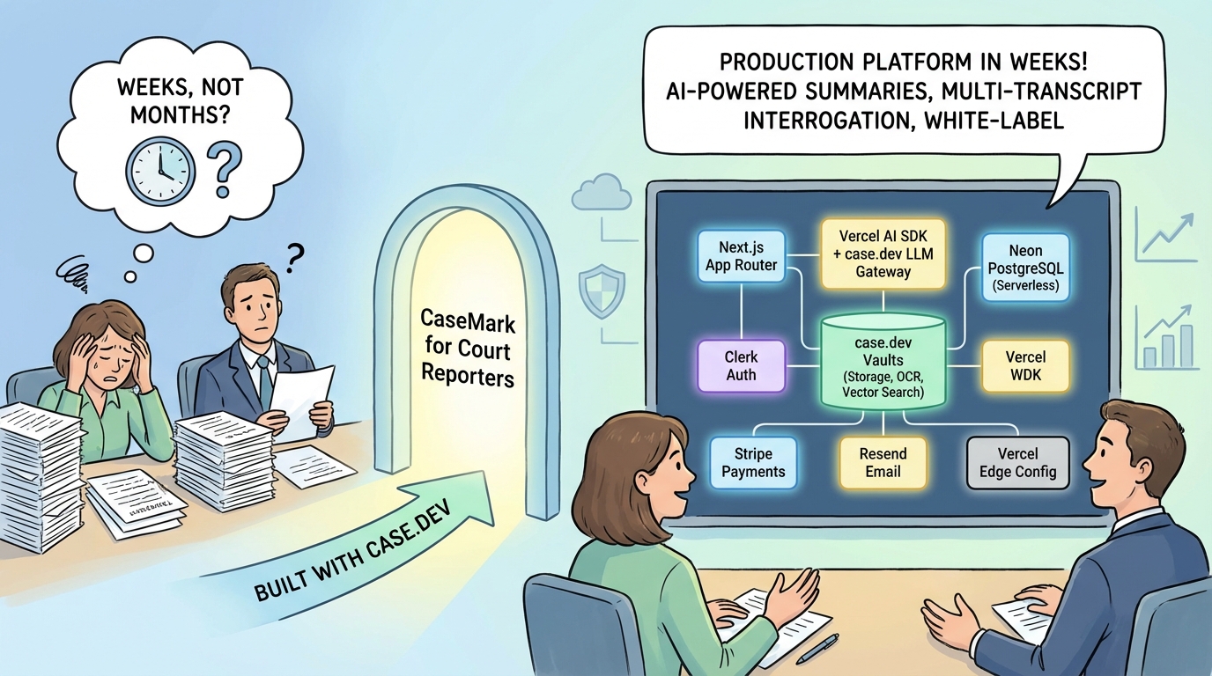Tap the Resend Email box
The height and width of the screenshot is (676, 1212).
(x=883, y=462)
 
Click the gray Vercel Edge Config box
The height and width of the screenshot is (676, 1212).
(x=1017, y=463)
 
